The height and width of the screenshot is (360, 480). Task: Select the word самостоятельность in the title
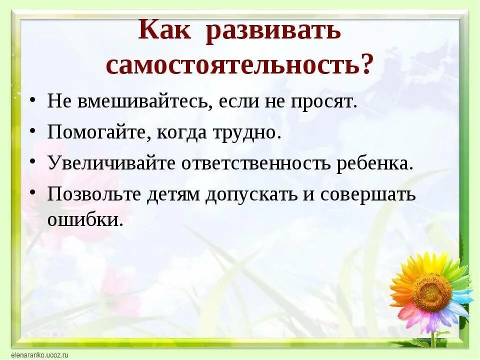click(232, 65)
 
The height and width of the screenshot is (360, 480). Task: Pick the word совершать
click(367, 194)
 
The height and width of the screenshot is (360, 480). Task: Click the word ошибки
click(85, 220)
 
